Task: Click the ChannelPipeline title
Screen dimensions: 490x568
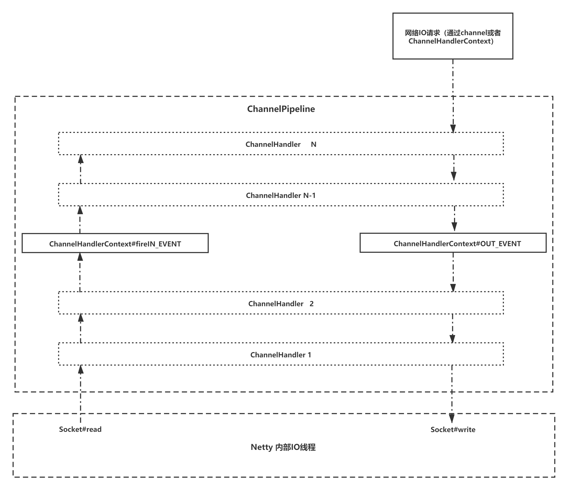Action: click(281, 109)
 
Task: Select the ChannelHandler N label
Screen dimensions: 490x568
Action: click(281, 144)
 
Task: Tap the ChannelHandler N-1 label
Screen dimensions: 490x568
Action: click(281, 195)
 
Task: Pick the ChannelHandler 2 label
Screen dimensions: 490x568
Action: click(281, 304)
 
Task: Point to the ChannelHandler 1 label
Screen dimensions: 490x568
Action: click(281, 355)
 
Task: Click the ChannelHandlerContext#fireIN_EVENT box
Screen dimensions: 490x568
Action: click(115, 243)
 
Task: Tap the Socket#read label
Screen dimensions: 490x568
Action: click(80, 429)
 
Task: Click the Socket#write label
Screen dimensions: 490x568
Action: click(453, 429)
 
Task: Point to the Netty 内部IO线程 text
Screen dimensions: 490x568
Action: click(283, 447)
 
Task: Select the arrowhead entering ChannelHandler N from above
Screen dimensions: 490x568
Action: click(453, 129)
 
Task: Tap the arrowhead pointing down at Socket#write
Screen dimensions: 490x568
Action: click(452, 418)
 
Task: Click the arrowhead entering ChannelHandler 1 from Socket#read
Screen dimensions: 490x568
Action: click(81, 370)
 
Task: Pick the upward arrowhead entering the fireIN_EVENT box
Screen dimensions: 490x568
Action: click(80, 256)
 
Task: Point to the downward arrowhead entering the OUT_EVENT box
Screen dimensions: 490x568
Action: click(454, 227)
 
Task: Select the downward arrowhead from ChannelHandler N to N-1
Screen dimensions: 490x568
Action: click(454, 176)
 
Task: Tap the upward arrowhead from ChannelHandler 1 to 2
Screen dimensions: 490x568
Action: click(81, 318)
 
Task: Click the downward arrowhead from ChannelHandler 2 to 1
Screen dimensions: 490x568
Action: click(452, 338)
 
